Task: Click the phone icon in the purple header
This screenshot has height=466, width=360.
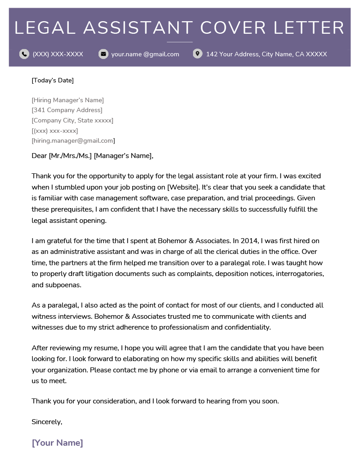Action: tap(24, 54)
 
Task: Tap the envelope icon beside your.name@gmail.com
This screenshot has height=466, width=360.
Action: tap(103, 54)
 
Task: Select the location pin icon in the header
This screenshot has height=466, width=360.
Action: tap(197, 54)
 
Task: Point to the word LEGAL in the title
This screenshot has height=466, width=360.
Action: tap(45, 28)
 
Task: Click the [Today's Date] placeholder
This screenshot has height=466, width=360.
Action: tap(53, 81)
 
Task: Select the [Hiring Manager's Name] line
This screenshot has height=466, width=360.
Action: tap(67, 100)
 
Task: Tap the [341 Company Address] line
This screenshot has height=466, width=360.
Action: tap(67, 110)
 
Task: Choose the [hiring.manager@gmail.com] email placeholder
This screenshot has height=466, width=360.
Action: tap(73, 141)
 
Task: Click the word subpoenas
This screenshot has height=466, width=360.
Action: tap(63, 285)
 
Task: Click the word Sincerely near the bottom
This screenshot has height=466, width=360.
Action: tap(46, 422)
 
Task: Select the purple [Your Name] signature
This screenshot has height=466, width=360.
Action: tap(57, 443)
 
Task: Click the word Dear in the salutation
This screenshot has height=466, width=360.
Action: tap(39, 156)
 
